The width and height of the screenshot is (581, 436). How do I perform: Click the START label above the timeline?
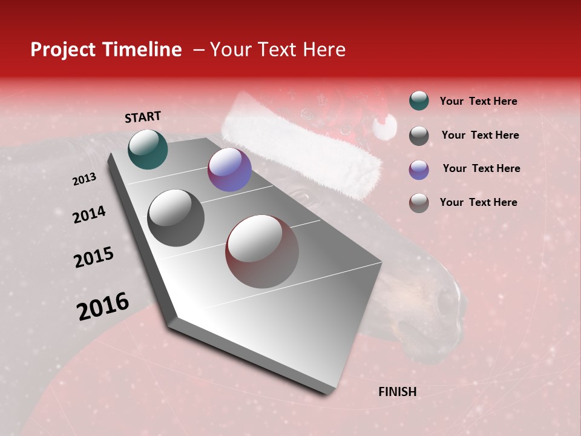143,117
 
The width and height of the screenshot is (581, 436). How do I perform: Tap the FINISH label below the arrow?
397,392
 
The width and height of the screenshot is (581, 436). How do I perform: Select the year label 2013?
84,179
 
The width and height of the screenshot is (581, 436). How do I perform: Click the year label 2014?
89,215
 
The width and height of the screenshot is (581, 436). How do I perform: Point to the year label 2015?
94,257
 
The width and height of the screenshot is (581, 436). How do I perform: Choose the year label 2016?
103,306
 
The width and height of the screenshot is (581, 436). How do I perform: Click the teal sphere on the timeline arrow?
148,149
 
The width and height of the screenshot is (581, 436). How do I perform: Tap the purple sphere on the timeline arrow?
229,170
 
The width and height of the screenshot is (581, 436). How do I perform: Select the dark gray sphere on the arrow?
176,218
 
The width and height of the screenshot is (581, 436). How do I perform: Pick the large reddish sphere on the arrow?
262,251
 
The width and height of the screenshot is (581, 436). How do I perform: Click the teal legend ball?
419,101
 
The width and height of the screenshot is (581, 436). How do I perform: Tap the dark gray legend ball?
419,136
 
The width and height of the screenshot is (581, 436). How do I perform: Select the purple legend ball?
419,170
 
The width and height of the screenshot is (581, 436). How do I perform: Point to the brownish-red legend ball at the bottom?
419,203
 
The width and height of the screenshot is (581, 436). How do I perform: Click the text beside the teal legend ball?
478,101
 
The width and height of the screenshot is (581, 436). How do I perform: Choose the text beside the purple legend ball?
481,168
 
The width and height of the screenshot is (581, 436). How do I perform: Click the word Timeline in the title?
142,50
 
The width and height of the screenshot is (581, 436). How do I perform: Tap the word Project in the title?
62,50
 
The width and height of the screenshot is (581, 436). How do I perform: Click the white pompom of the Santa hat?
384,127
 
